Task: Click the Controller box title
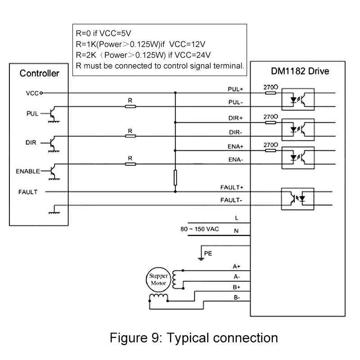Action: click(39, 73)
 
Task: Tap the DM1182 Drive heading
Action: click(300, 71)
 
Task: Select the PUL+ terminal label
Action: click(235, 89)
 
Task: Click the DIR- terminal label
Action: click(235, 132)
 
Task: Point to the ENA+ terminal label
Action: click(235, 147)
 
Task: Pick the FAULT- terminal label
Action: click(231, 200)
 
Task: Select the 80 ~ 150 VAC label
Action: click(200, 229)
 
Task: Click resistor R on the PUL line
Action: click(130, 107)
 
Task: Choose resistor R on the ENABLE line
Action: click(130, 164)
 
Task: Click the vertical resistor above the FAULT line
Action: click(175, 178)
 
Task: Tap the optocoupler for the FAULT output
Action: click(297, 199)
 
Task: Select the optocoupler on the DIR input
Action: click(298, 130)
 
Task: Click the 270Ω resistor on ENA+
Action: click(270, 151)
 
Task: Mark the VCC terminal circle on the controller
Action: click(41, 93)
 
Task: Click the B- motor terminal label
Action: click(237, 297)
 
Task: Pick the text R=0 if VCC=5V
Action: click(103, 33)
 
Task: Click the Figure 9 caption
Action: click(194, 338)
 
